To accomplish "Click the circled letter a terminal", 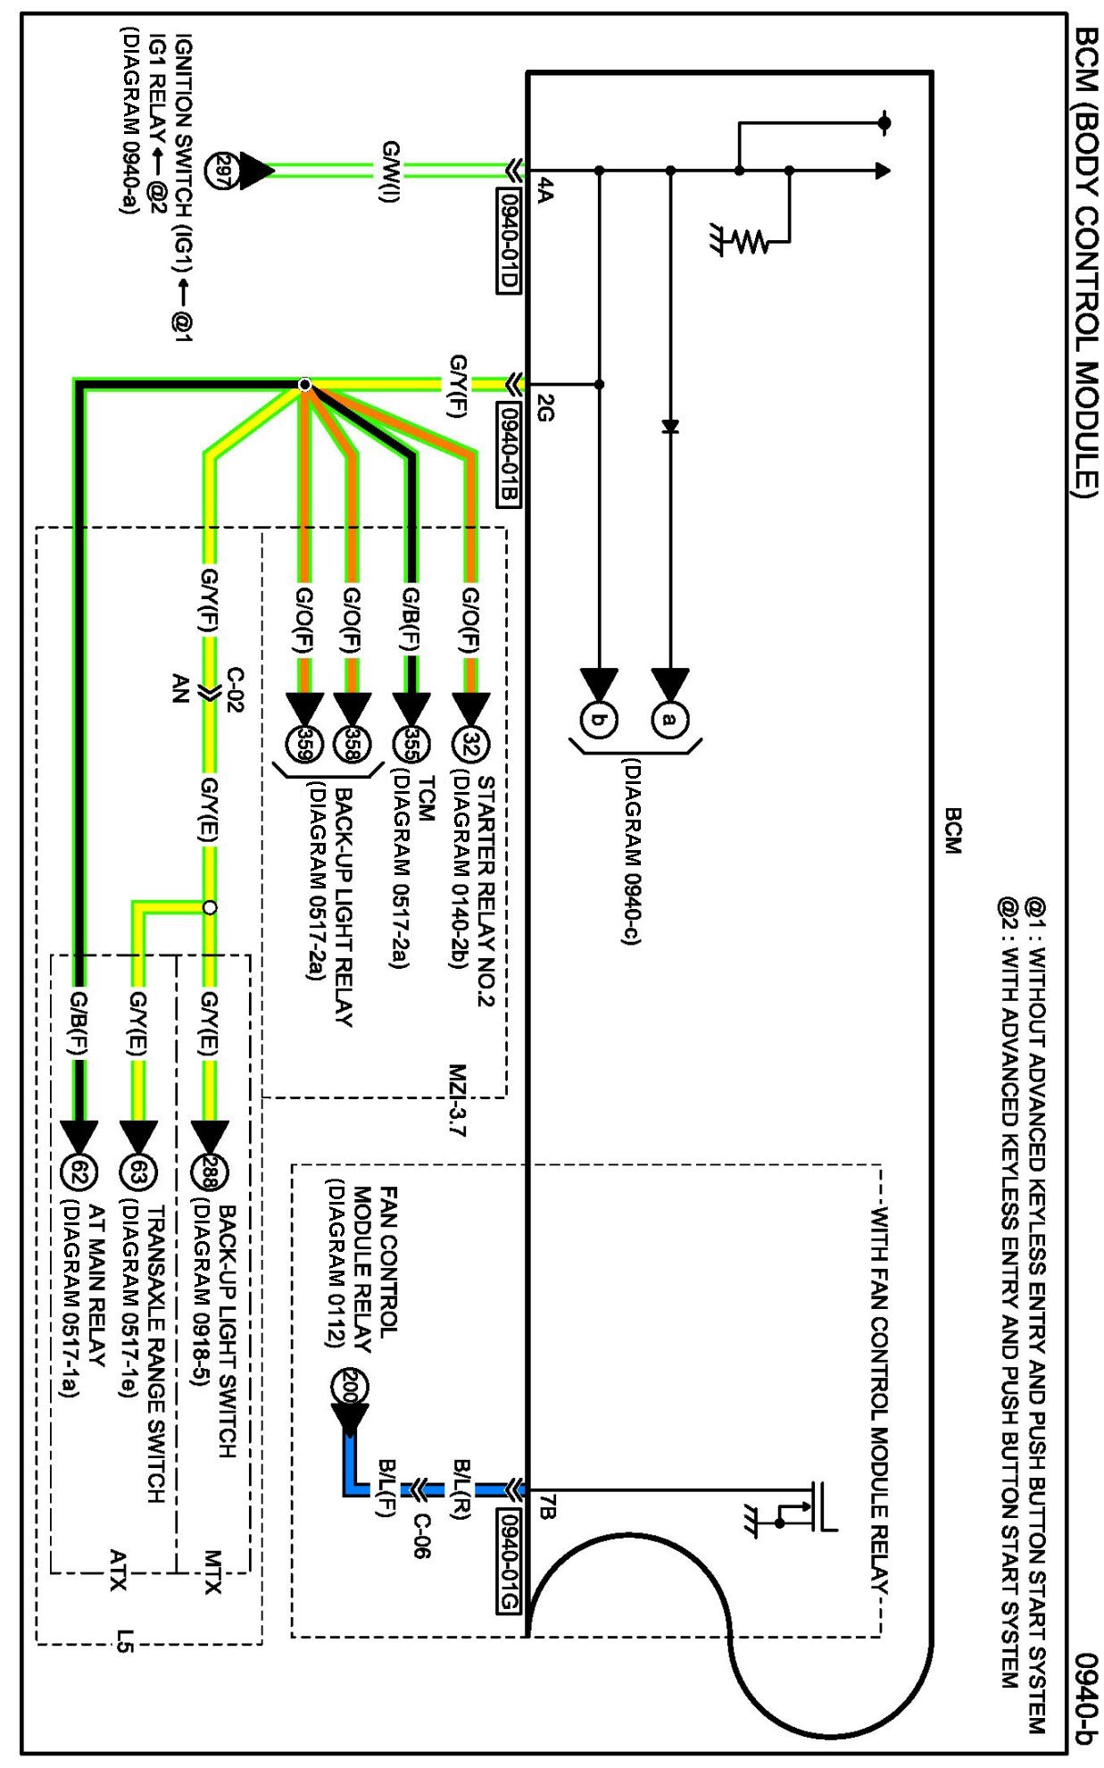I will (x=669, y=720).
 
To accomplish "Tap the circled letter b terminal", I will (x=599, y=720).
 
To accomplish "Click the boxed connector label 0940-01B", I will (x=509, y=454).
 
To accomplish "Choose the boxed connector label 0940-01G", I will (x=509, y=1561).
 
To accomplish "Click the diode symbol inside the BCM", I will (x=670, y=427).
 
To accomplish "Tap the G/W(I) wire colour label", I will (x=390, y=171).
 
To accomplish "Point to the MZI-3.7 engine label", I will (x=457, y=1100).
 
